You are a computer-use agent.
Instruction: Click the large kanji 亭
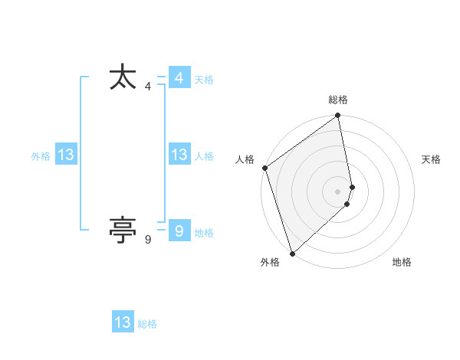point(123,229)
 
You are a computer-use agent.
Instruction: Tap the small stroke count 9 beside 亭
point(147,240)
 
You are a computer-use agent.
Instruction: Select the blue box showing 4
point(179,77)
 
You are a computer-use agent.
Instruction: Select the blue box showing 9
point(179,230)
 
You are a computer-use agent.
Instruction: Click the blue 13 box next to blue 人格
point(179,155)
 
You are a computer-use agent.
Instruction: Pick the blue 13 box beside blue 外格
point(65,155)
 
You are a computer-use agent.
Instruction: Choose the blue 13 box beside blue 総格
point(123,322)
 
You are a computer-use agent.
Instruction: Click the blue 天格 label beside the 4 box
point(204,80)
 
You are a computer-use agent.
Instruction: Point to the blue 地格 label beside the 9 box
point(204,233)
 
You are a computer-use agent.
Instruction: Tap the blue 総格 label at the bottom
point(147,325)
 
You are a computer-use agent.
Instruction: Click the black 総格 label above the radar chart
point(338,100)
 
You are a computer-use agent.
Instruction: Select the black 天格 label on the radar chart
point(432,159)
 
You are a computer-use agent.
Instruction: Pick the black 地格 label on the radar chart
point(402,262)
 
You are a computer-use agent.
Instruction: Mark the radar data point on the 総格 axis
point(338,116)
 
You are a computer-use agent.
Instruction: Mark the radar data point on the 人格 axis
point(264,168)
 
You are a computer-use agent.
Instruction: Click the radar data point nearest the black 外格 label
point(292,253)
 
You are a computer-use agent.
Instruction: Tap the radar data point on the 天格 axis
point(353,186)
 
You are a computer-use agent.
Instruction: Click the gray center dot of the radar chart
point(338,191)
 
